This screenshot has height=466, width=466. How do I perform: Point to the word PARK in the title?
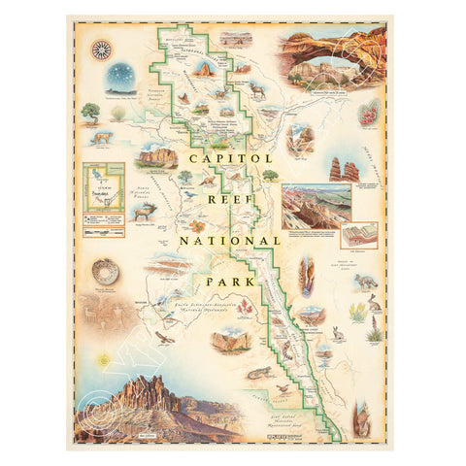click(232, 282)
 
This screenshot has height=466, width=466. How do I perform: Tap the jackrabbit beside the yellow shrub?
click(374, 301)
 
